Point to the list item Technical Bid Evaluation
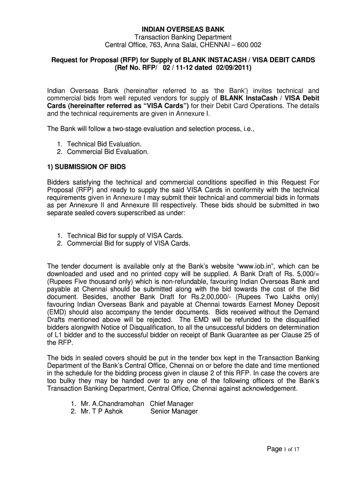pyautogui.click(x=104, y=144)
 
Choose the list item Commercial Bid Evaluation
pyautogui.click(x=108, y=152)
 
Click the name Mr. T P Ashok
pyautogui.click(x=95, y=412)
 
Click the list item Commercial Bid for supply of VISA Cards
pyautogui.click(x=129, y=243)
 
